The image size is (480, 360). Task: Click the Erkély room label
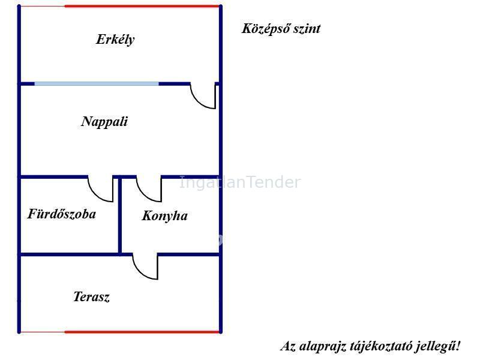tap(115, 40)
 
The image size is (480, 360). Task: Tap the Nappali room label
tap(104, 122)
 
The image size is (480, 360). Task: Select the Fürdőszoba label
tap(62, 214)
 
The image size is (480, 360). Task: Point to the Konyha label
tap(164, 216)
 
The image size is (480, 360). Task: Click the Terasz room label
tap(91, 297)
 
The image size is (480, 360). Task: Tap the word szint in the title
tap(307, 29)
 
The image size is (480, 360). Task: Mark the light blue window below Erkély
tap(97, 84)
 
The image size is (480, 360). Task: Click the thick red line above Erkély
tap(142, 6)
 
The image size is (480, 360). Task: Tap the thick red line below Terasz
tap(142, 331)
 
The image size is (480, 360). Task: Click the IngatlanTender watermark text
tap(239, 182)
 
